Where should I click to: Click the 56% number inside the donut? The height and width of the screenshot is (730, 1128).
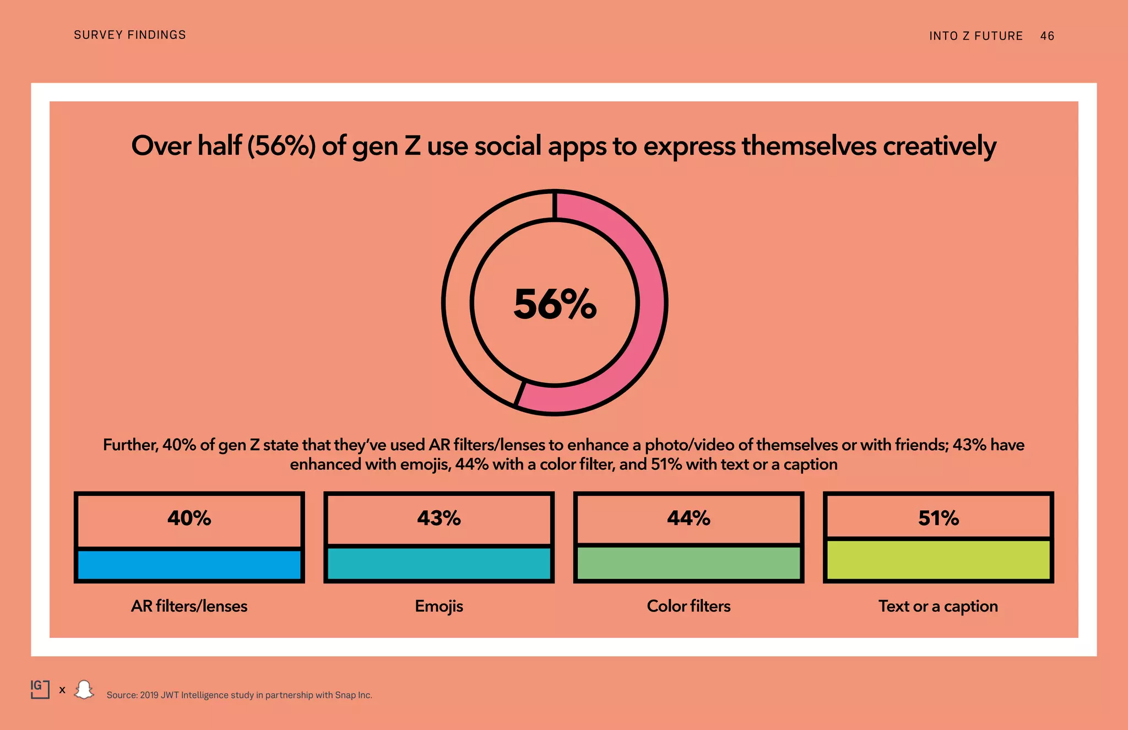555,304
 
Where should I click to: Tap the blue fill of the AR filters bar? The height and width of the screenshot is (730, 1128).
189,565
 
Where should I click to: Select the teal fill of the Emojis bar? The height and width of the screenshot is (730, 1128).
438,563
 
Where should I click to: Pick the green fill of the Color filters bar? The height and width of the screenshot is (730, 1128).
688,563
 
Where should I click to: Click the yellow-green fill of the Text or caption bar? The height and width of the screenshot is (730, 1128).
938,559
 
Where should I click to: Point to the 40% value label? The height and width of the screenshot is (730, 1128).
189,518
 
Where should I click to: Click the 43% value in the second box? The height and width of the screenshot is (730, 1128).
438,518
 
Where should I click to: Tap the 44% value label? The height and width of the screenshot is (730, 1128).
688,518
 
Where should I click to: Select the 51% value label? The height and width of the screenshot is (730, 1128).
938,518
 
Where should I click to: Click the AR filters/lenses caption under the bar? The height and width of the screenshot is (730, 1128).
189,606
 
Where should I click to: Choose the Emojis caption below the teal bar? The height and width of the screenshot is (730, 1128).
438,606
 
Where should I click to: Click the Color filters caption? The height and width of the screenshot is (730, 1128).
688,606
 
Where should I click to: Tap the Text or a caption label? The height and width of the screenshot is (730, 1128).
938,606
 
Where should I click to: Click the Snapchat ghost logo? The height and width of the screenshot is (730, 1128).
84,689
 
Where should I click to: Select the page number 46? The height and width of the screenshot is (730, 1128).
1047,36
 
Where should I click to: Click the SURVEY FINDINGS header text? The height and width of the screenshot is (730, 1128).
130,35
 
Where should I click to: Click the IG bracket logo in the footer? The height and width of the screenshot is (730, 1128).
40,689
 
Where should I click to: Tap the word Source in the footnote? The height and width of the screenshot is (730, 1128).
121,695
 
